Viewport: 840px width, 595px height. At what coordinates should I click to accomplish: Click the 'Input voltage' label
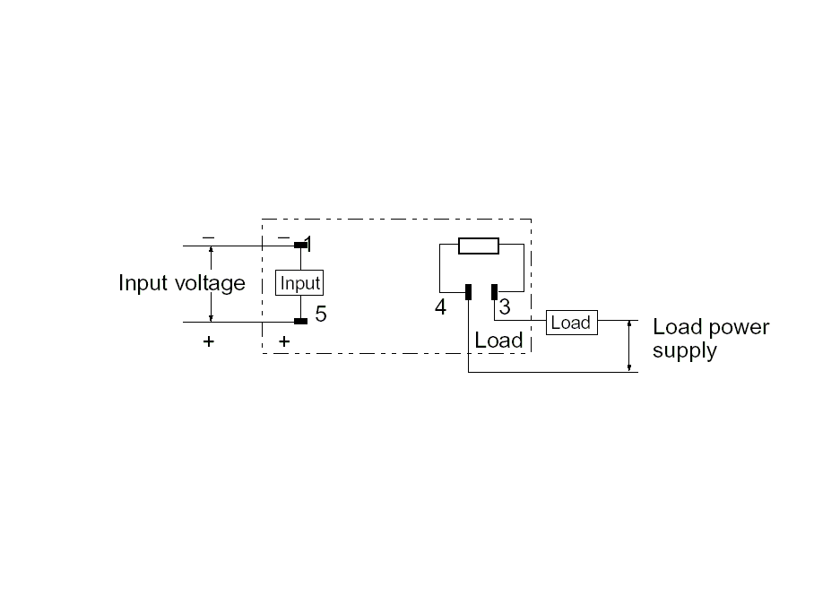click(182, 283)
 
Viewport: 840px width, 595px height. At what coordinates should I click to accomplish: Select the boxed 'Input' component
click(299, 283)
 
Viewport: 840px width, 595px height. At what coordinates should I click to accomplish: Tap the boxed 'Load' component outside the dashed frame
click(572, 323)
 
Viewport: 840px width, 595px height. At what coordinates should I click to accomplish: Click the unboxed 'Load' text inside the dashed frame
click(498, 341)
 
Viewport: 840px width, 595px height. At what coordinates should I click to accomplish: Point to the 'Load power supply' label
click(711, 339)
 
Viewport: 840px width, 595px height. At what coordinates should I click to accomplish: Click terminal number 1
click(308, 245)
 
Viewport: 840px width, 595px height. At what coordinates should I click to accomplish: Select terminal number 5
click(321, 314)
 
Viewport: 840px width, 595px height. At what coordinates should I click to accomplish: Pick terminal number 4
click(440, 307)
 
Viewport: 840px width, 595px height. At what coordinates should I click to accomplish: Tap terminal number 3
click(505, 307)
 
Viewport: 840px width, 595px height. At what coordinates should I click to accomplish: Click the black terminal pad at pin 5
click(301, 322)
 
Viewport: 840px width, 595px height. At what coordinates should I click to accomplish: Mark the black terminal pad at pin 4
click(468, 292)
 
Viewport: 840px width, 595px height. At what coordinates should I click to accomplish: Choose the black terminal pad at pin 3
click(495, 292)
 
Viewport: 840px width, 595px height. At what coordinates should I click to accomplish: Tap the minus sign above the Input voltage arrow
click(208, 237)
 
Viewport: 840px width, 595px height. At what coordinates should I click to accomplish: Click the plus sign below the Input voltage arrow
click(208, 341)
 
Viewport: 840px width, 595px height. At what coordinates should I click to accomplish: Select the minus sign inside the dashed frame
click(284, 237)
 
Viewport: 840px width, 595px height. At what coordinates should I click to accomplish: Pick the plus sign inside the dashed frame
click(284, 341)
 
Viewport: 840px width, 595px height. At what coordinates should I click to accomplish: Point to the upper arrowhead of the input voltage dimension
click(211, 250)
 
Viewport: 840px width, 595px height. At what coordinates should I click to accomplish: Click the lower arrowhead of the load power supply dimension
click(629, 367)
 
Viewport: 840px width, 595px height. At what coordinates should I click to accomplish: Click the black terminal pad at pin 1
click(300, 246)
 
